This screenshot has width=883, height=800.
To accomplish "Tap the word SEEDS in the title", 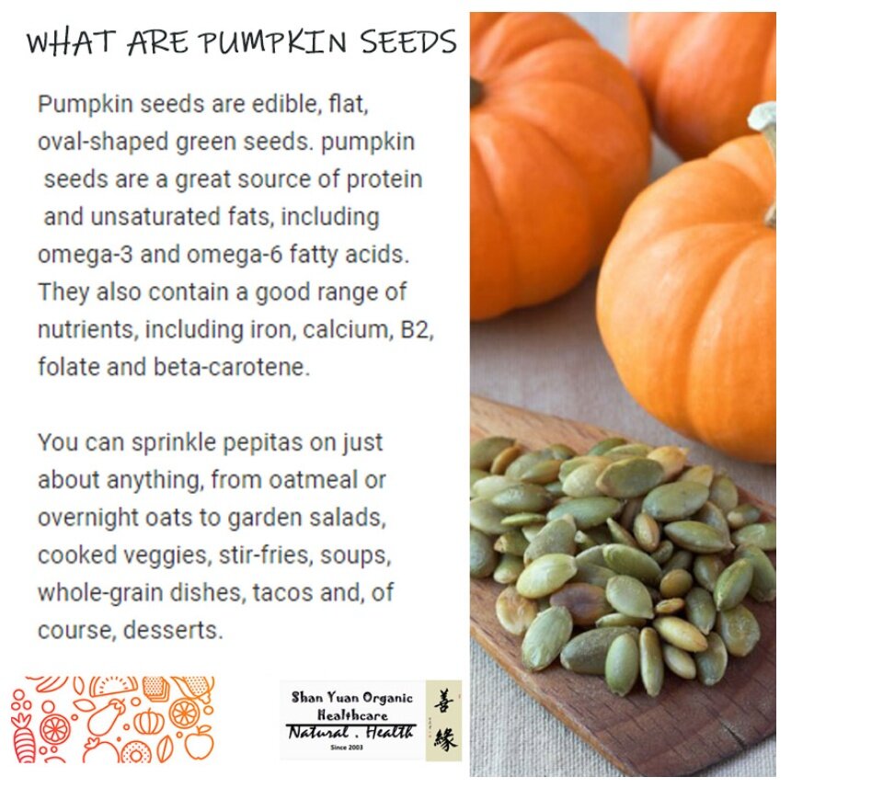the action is click(x=408, y=42).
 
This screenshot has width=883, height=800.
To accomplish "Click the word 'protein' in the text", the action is click(x=384, y=179).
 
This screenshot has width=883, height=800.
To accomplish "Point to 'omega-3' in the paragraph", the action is click(x=85, y=255).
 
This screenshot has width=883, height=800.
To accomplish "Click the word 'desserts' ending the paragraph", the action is click(x=173, y=631).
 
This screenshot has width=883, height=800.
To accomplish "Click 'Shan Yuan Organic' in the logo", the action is click(x=352, y=698).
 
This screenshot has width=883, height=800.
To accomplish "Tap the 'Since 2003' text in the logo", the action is click(x=347, y=747).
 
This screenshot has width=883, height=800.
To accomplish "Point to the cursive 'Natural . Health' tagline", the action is click(x=350, y=732).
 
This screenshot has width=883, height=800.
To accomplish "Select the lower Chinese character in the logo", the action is click(x=445, y=738).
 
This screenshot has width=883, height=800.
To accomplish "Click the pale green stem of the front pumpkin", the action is click(x=766, y=157).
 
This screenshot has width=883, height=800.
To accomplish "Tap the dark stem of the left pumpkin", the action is click(x=476, y=92).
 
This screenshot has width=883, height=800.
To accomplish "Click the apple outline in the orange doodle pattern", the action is click(x=200, y=742).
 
